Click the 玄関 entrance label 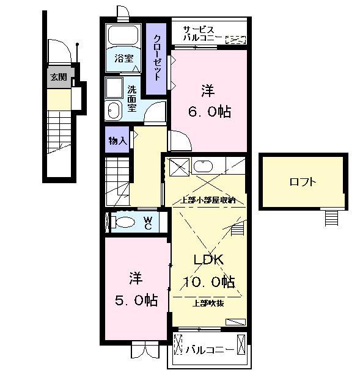click(59, 78)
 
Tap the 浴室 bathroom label click(124, 59)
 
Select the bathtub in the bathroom click(123, 35)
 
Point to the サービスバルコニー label click(202, 34)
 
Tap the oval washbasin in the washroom click(114, 111)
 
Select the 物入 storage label click(118, 141)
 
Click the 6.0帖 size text click(210, 112)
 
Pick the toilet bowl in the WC click(123, 222)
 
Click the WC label click(148, 223)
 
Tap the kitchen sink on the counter click(203, 166)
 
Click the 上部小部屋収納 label click(208, 200)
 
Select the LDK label click(208, 259)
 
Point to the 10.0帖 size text click(209, 282)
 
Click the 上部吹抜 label click(208, 303)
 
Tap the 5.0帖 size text click(136, 300)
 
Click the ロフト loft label click(303, 182)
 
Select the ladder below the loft click(331, 218)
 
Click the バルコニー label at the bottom click(208, 349)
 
